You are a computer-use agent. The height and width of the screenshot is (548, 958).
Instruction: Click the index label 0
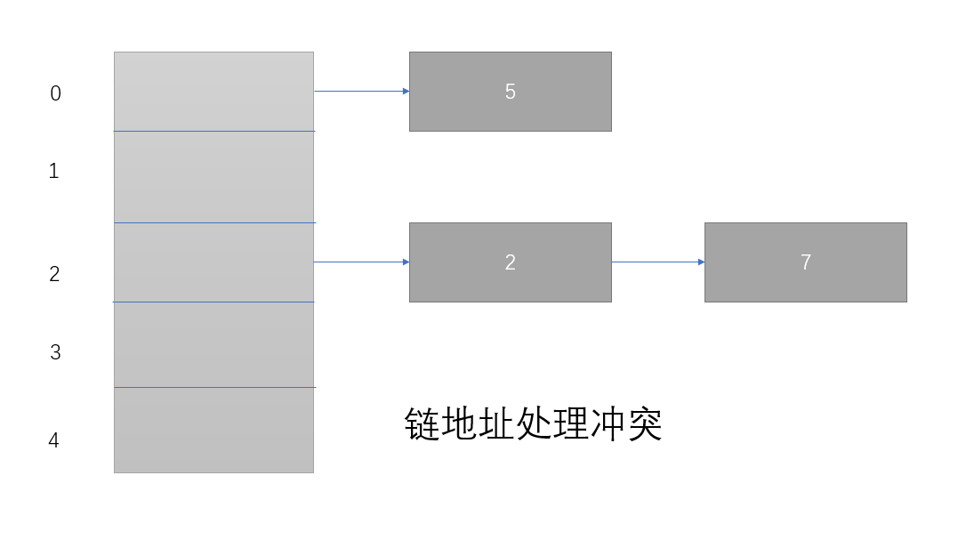pos(55,93)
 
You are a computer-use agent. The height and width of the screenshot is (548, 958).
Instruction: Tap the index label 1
pos(53,171)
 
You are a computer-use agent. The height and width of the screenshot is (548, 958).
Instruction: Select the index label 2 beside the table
pos(54,275)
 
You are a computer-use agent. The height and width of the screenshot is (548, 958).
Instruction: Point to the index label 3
pos(55,352)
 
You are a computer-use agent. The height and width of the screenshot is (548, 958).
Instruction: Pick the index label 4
pos(53,440)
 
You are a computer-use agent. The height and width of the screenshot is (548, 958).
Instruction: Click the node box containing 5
pos(510,92)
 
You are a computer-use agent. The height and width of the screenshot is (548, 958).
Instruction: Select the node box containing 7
pos(805,262)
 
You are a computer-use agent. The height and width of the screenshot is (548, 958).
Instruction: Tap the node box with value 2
pos(510,262)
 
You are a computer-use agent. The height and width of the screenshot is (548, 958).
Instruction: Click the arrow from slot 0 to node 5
pos(360,91)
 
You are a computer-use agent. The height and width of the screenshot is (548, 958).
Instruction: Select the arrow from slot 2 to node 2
pos(360,262)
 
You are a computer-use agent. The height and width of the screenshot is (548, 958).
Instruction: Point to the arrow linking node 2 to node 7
pos(657,262)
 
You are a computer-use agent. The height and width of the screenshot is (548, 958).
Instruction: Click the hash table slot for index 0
pos(213,92)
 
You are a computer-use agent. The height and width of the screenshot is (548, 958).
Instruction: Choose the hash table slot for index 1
pos(213,176)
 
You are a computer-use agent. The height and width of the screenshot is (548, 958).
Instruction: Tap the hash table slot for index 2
pos(213,262)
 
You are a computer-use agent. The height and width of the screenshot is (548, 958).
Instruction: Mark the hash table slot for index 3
pos(213,344)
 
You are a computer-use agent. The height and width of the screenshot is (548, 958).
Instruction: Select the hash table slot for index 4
pos(213,430)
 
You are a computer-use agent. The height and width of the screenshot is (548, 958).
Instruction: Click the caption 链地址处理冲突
pos(533,425)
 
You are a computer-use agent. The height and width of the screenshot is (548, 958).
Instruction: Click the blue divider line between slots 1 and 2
pos(214,222)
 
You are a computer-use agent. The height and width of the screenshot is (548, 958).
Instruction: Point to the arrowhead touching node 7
pos(701,262)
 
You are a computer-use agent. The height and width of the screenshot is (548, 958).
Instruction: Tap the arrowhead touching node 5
pos(406,91)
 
